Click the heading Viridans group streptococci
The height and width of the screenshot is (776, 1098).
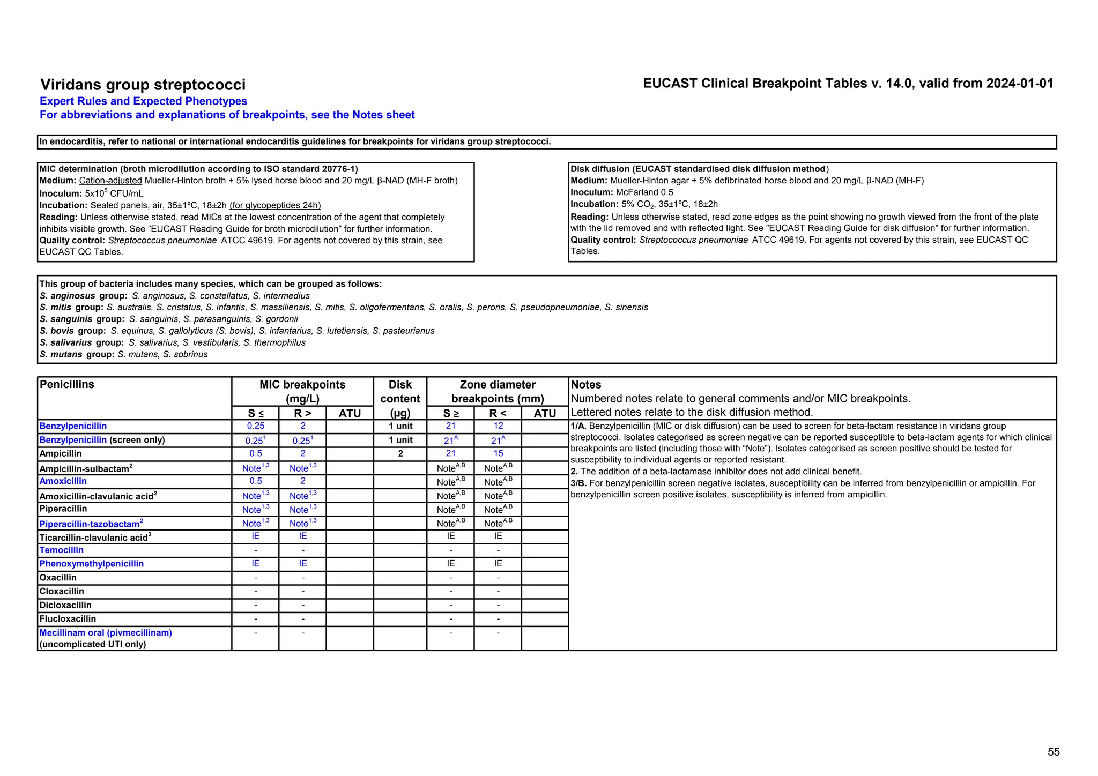click(143, 85)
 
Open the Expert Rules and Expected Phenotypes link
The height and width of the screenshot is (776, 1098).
click(143, 101)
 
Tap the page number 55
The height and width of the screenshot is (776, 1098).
click(1053, 752)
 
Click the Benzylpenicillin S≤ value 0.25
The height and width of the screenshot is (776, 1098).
click(255, 426)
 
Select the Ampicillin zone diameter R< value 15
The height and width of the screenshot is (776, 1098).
click(498, 453)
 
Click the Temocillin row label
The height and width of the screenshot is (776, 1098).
click(62, 550)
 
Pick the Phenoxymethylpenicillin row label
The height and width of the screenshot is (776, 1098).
click(92, 564)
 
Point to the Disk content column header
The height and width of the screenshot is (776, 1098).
click(400, 399)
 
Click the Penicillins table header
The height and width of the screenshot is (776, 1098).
click(67, 385)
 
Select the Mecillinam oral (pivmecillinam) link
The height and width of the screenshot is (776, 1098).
click(106, 633)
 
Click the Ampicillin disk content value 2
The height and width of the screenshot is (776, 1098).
click(400, 453)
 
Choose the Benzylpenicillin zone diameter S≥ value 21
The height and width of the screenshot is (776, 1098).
click(450, 426)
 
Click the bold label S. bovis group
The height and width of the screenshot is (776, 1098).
click(73, 331)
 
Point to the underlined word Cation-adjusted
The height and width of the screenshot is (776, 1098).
click(110, 181)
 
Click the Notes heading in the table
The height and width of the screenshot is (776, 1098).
click(585, 385)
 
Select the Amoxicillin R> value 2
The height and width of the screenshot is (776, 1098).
click(302, 481)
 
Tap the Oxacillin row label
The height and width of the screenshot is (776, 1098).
click(58, 578)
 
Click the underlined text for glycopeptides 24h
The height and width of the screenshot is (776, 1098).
click(275, 205)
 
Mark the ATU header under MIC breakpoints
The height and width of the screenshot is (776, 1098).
click(350, 413)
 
